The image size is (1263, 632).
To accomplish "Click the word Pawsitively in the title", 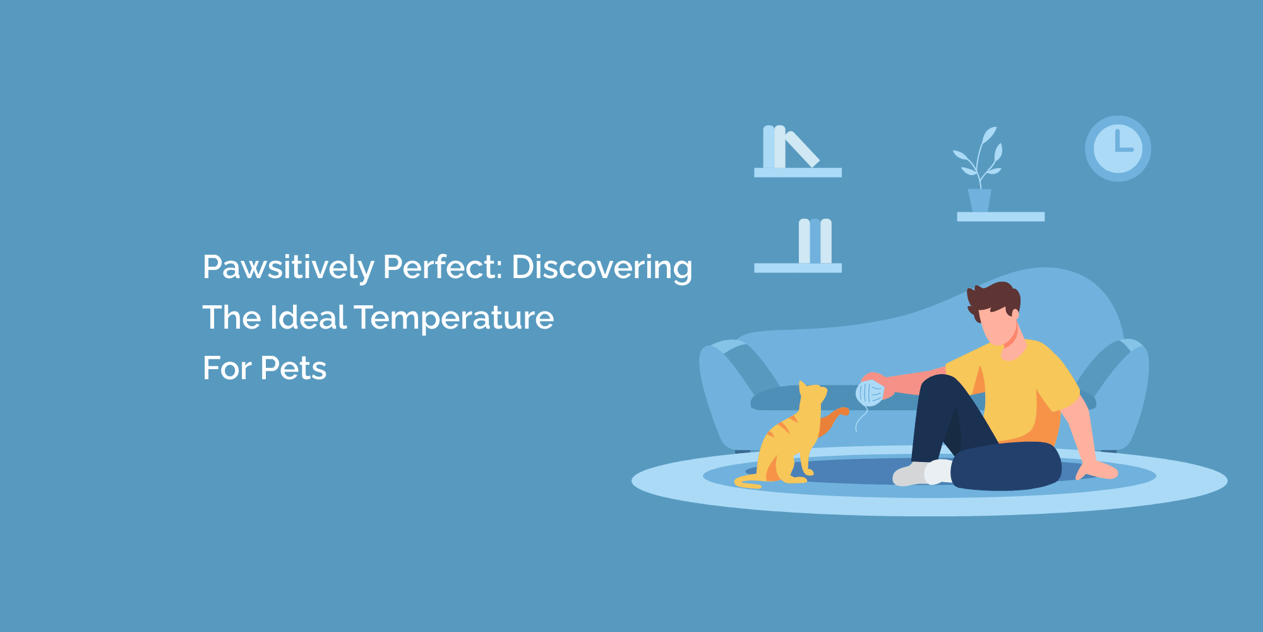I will click(288, 267).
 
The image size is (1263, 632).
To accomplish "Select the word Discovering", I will click(601, 267).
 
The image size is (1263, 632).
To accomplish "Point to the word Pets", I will click(293, 368).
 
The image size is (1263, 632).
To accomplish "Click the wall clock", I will click(1118, 149).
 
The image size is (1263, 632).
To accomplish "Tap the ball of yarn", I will click(869, 393).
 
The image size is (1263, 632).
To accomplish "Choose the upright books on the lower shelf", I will click(815, 241).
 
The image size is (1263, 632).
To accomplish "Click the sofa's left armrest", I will click(726, 392).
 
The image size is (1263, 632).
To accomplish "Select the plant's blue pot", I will click(979, 200).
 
